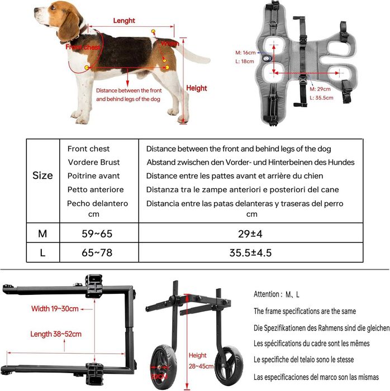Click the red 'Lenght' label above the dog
pos(124,21)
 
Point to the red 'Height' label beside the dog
pos(196,88)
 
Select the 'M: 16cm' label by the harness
pos(246,53)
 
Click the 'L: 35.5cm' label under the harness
pos(321,97)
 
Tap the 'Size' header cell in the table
pos(42,175)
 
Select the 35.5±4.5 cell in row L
pos(251,252)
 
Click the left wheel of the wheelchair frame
pos(165,368)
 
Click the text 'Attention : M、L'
pos(277,294)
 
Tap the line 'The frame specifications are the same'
pos(305,311)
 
